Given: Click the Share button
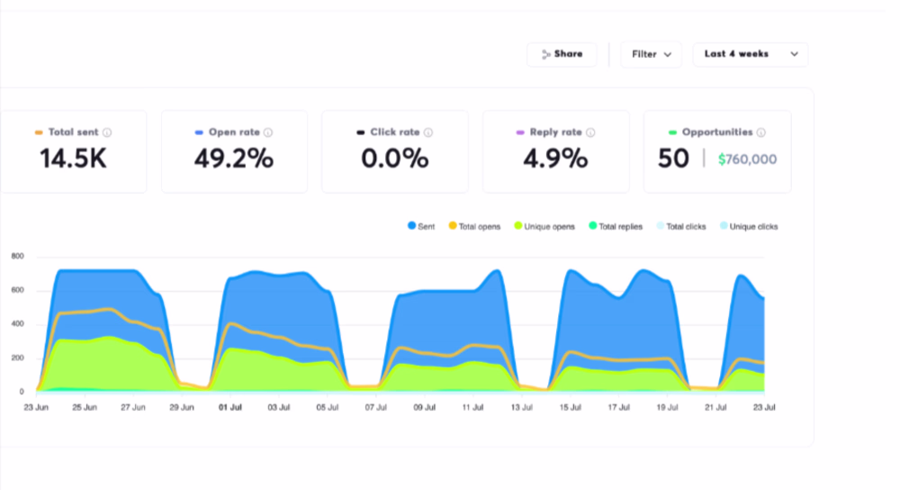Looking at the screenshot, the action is [x=562, y=55].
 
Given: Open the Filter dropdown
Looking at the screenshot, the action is [x=651, y=55].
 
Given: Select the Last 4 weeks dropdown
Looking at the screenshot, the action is [x=751, y=55].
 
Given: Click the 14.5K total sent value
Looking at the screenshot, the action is [x=74, y=159].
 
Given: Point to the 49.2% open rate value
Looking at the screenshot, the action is [x=234, y=159].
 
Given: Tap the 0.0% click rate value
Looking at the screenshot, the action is [x=395, y=159].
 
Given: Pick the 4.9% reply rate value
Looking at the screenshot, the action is [x=555, y=159].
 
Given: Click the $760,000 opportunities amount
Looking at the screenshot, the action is [x=747, y=159].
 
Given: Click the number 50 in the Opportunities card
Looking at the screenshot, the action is [x=673, y=159].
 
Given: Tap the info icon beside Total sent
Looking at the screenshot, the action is [x=107, y=132].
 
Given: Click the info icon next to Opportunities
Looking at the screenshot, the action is [x=761, y=132].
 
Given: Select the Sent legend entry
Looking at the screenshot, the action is [x=421, y=226].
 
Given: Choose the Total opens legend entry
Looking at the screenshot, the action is [x=474, y=226].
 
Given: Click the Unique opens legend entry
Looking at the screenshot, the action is [x=544, y=226].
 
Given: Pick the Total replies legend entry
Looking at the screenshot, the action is [x=616, y=226].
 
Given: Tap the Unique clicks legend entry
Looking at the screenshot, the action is [x=749, y=226].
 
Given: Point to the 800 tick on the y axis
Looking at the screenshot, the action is [x=18, y=256].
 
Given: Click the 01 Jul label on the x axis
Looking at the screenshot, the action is [x=230, y=407].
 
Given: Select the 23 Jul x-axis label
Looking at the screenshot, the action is [x=764, y=407].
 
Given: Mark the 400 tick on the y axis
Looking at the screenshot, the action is [x=18, y=324].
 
